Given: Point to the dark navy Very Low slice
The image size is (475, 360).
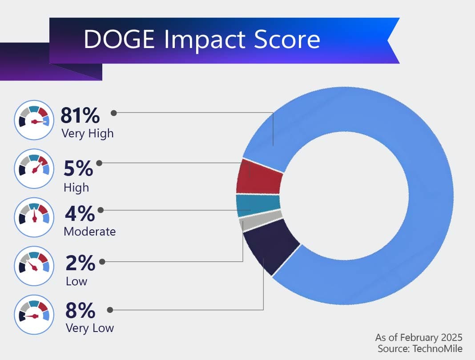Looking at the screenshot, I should click(x=271, y=244).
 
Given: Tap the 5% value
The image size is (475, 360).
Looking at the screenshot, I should click(x=79, y=168).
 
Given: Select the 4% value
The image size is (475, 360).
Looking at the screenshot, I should click(x=80, y=214).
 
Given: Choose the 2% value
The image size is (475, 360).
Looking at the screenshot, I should click(x=80, y=263).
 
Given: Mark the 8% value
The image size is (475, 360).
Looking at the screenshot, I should click(x=80, y=311).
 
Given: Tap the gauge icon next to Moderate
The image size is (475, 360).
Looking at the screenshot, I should click(x=34, y=216).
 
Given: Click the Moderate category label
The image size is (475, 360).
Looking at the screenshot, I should click(x=89, y=232).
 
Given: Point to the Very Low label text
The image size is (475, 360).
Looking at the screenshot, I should click(x=89, y=328).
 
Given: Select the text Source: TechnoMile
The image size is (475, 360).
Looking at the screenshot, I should click(x=420, y=348).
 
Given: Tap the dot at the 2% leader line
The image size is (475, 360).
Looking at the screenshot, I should click(x=102, y=262).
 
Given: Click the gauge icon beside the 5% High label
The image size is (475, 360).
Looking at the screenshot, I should click(x=34, y=168).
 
